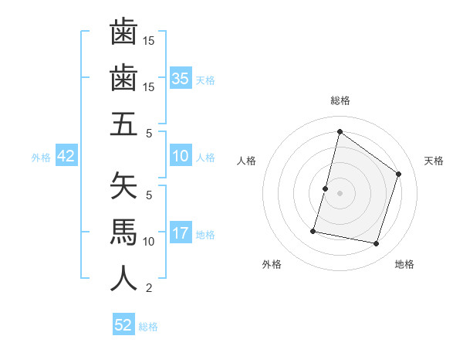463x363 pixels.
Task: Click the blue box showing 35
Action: (181, 79)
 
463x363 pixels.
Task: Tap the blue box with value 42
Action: (66, 157)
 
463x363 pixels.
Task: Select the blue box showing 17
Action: (181, 234)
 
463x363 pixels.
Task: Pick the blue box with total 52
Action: (123, 325)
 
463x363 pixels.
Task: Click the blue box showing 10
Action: (181, 157)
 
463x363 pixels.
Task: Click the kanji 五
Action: (123, 124)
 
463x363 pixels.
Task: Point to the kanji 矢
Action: (123, 185)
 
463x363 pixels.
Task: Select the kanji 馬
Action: (123, 232)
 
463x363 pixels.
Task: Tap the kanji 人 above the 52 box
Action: (123, 278)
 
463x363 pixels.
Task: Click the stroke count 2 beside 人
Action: (149, 289)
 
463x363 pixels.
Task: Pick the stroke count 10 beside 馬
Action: (149, 242)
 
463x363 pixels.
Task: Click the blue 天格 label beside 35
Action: (205, 80)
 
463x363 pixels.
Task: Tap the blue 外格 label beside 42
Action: (41, 158)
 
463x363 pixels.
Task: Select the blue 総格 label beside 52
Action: (148, 326)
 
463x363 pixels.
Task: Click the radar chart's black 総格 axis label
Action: (340, 101)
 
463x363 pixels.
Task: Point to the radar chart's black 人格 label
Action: (246, 161)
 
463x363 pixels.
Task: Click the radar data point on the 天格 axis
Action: (399, 174)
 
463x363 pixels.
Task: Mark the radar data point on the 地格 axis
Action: (377, 244)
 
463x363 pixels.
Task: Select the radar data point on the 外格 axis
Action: (314, 231)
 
